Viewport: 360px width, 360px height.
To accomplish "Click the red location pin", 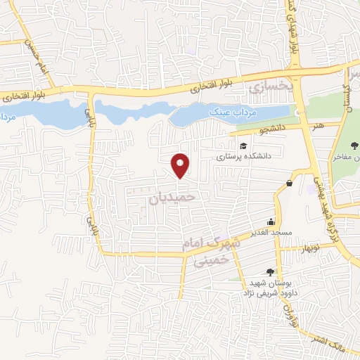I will (x=181, y=165).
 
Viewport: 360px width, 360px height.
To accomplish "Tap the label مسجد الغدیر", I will (x=271, y=232).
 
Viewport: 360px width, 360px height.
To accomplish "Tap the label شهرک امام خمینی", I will (x=212, y=250).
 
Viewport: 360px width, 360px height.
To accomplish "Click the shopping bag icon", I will (x=290, y=184).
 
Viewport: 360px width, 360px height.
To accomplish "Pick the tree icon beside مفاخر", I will (x=354, y=146).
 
